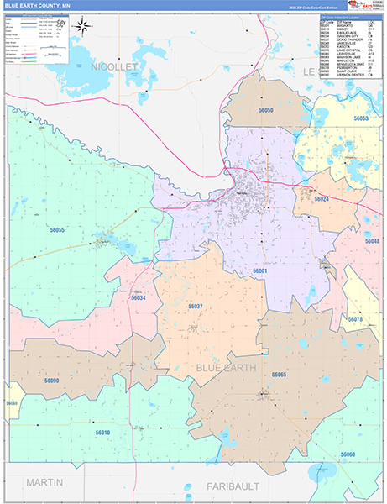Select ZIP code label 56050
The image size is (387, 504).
pos(266,110)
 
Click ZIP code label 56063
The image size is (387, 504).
pos(361,119)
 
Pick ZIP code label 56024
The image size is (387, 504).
pos(322,199)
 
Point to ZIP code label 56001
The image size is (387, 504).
pos(260,270)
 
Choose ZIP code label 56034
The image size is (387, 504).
pos(139,297)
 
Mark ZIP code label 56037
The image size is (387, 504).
pos(195,307)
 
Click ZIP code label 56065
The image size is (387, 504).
pos(279,375)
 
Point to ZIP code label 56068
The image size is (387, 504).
pos(348,454)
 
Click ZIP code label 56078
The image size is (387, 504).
pos(355,319)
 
